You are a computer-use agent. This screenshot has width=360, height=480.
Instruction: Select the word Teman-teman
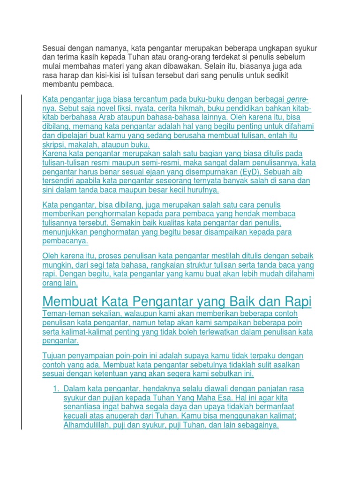(x=65, y=313)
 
